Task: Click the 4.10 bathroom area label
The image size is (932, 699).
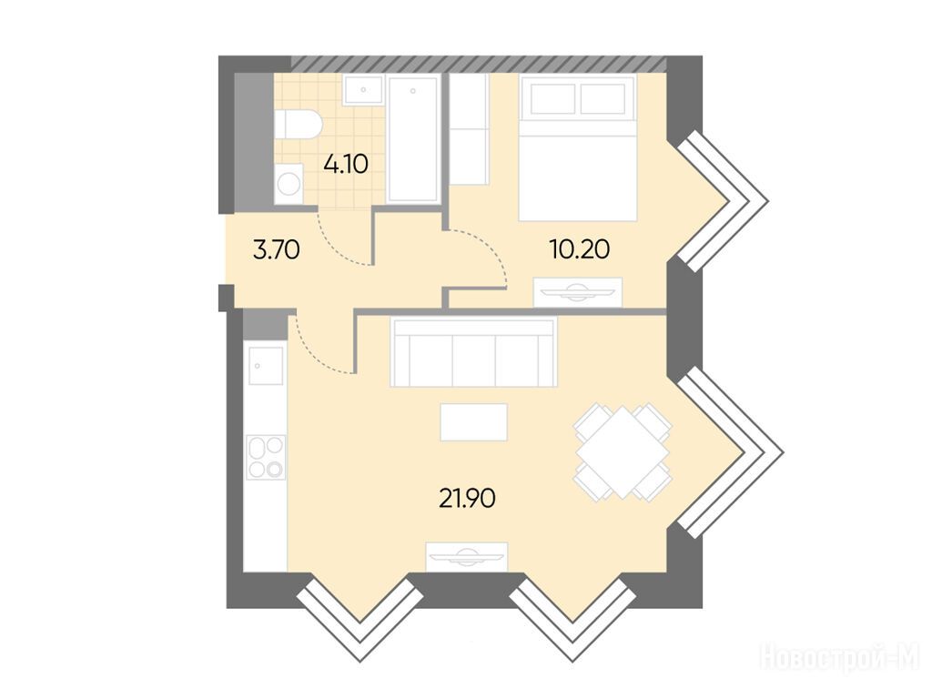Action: (346, 164)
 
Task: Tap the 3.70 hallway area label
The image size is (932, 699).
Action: (277, 250)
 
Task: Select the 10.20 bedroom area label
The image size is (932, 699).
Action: (580, 249)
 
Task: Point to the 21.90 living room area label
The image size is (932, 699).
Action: (467, 498)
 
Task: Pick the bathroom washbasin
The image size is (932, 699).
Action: (363, 90)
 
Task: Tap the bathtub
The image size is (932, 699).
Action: (413, 139)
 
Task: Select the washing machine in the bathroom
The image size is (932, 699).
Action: (289, 184)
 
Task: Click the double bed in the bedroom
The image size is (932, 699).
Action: (577, 147)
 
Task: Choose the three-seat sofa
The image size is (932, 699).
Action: (473, 352)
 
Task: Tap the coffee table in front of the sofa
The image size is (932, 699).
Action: (473, 422)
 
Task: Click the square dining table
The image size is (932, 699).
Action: (623, 452)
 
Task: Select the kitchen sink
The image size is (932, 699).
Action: (266, 366)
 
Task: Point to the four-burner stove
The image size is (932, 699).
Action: (267, 457)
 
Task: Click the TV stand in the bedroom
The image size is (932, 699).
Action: (578, 292)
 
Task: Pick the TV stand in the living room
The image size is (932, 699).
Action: (467, 557)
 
